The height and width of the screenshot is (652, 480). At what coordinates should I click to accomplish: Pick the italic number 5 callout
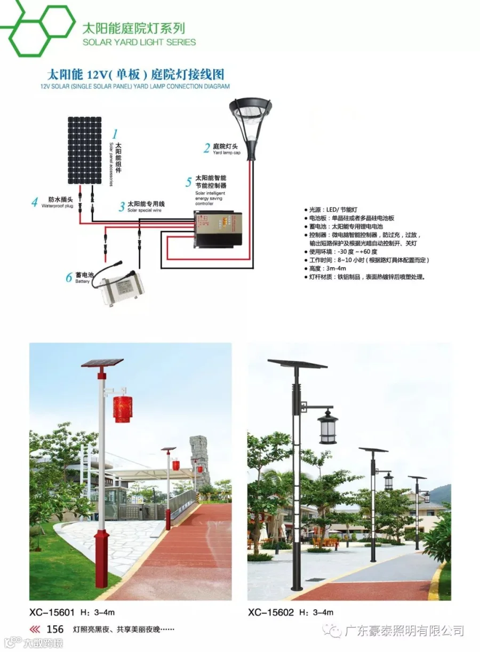pyautogui.click(x=188, y=182)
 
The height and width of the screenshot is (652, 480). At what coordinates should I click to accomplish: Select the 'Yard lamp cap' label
pyautogui.click(x=227, y=153)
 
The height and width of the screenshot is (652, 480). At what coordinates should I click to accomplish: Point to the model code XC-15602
pyautogui.click(x=271, y=613)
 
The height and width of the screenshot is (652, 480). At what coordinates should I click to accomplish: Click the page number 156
pyautogui.click(x=55, y=630)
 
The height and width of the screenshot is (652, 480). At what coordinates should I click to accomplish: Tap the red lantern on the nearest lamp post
pyautogui.click(x=122, y=409)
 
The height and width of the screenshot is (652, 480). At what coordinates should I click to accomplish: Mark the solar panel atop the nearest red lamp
pyautogui.click(x=102, y=363)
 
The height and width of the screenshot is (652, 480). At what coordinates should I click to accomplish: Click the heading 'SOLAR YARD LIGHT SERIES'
pyautogui.click(x=139, y=42)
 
